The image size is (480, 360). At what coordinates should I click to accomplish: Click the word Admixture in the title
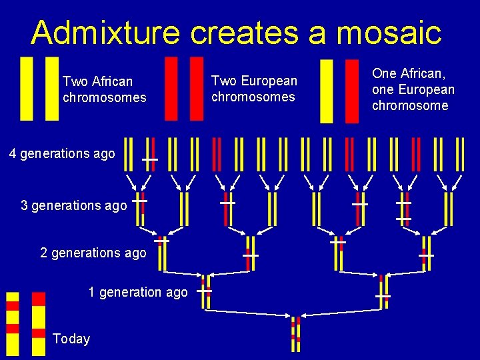[x=106, y=32]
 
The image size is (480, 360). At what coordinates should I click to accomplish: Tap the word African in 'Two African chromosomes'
[x=110, y=81]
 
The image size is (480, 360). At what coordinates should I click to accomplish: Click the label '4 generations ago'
[x=62, y=153]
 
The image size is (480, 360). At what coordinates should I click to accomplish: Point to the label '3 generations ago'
[x=73, y=205]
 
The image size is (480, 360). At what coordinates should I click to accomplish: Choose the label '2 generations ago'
[x=93, y=253]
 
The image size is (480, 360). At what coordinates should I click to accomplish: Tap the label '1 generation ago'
[x=138, y=292]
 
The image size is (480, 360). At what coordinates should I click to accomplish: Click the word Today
[x=71, y=339]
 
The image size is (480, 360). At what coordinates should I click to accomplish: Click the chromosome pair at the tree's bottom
[x=295, y=334]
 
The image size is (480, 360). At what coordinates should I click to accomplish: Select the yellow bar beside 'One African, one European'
[x=327, y=91]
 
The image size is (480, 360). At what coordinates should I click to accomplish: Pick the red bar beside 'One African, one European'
[x=351, y=91]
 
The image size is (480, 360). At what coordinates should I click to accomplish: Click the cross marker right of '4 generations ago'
[x=149, y=160]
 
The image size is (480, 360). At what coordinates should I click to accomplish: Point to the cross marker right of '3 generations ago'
[x=139, y=201]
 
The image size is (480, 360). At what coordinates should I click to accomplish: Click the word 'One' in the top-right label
[x=384, y=73]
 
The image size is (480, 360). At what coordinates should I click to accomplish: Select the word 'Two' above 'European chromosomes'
[x=223, y=81]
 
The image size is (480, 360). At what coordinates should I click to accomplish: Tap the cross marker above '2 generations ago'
[x=161, y=241]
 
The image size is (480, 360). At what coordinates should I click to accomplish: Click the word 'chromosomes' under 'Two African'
[x=104, y=97]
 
